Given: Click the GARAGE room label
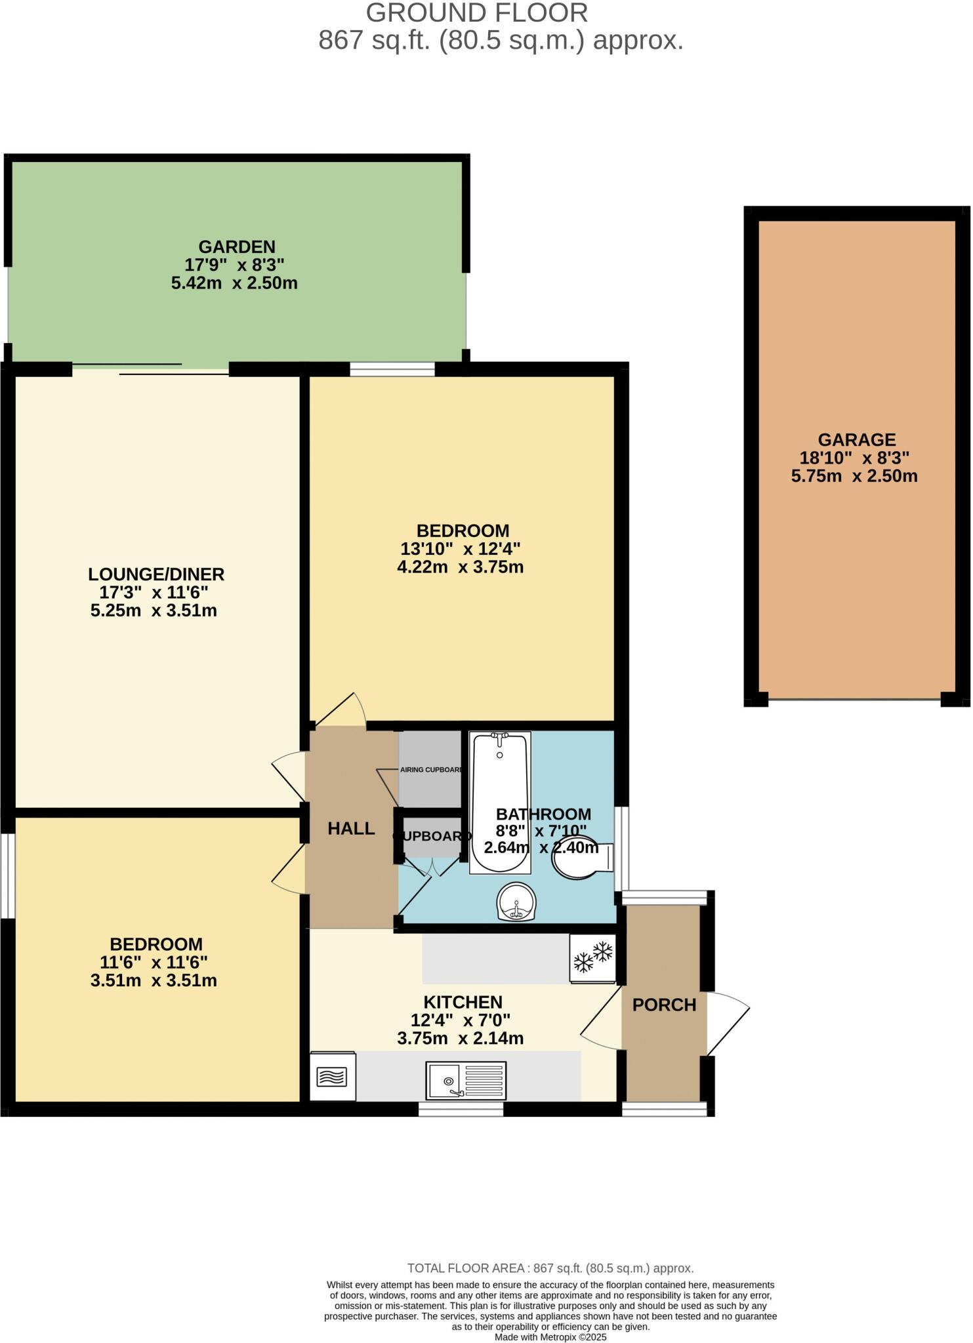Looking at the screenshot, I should (856, 439).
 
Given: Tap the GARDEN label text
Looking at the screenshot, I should (237, 247).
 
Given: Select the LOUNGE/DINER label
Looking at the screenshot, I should (156, 574).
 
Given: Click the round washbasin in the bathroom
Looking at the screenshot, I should (517, 902).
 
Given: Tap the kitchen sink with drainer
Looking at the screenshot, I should (466, 1079).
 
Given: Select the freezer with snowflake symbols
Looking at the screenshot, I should (593, 958).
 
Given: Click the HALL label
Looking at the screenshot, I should (351, 828).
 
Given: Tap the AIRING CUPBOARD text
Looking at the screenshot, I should (431, 770).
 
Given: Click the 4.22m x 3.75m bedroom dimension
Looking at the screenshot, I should (460, 567).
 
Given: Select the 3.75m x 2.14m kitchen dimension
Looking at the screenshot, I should (460, 1038).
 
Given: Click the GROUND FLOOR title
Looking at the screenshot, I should (476, 13).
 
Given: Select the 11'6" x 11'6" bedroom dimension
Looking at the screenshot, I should (154, 962).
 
